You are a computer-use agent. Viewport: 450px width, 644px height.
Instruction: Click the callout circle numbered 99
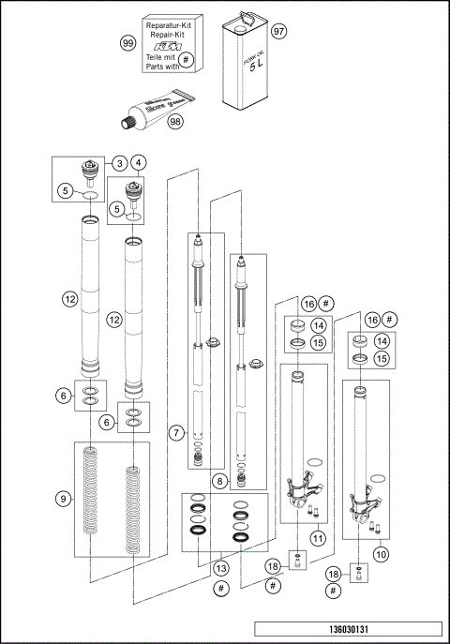pos(128,43)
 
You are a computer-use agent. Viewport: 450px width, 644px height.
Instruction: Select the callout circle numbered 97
pos(277,31)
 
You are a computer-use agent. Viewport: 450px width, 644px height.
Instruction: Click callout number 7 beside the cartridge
pos(173,432)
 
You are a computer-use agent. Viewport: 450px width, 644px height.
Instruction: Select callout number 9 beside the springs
pos(63,499)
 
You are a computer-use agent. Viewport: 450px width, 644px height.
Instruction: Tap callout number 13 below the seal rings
pos(220,568)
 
